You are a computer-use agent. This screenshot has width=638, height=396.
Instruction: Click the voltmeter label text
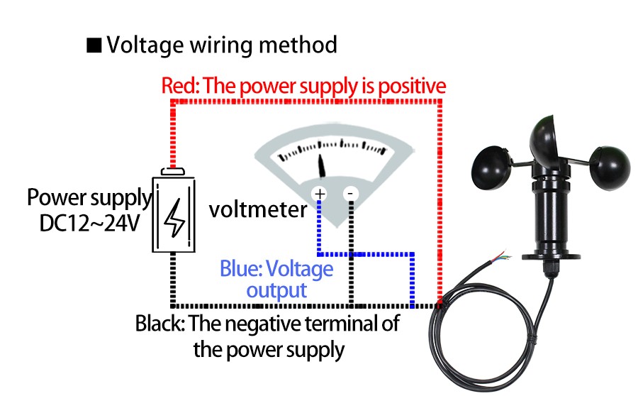pyautogui.click(x=258, y=209)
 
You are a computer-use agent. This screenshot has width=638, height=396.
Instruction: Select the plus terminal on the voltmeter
pyautogui.click(x=320, y=193)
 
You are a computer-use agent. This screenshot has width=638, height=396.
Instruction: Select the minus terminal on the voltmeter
pyautogui.click(x=349, y=193)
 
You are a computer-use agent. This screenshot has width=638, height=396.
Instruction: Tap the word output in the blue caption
pyautogui.click(x=276, y=290)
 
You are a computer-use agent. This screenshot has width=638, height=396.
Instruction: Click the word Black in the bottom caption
pyautogui.click(x=160, y=324)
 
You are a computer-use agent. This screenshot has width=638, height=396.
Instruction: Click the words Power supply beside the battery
pyautogui.click(x=89, y=197)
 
